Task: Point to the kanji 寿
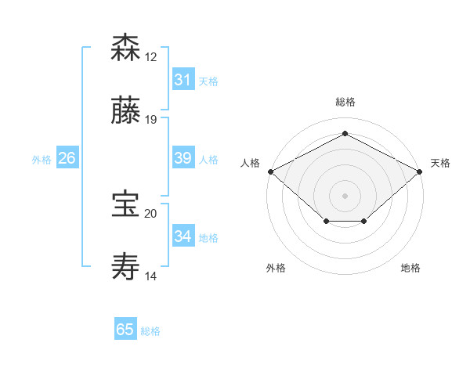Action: point(126,266)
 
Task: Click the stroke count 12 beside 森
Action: point(151,57)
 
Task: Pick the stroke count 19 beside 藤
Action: point(151,120)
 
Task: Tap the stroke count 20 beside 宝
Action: point(151,214)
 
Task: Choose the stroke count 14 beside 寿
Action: point(151,276)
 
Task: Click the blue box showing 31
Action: point(183,80)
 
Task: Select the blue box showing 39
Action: point(183,158)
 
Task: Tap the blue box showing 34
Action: point(183,236)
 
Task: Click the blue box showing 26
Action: point(67,158)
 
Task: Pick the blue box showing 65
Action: point(125,330)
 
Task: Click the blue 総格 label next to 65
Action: point(150,331)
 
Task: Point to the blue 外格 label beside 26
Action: point(42,160)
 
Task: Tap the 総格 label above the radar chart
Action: point(345,103)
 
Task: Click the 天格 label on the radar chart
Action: point(440,163)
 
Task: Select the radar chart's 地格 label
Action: point(410,268)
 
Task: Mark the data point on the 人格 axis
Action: point(270,171)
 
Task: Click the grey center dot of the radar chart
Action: point(345,195)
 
